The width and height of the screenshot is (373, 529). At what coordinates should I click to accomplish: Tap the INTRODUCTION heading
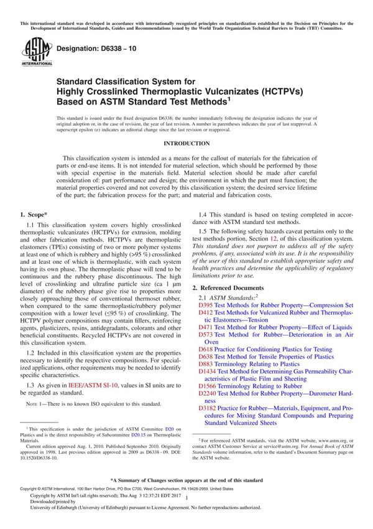[x=186, y=143]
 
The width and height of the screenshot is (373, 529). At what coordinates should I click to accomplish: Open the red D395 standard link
[x=205, y=306]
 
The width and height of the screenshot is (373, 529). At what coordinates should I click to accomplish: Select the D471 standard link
[x=205, y=326]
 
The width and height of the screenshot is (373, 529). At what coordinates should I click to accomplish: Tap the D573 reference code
[x=205, y=334]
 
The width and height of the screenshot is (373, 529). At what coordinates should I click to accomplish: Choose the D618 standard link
[x=205, y=350]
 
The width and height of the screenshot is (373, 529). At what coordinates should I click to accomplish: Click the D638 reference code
[x=205, y=357]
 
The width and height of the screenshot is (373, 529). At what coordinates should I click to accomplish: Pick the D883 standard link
[x=205, y=365]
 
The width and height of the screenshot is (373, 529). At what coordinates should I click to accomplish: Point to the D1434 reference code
[x=207, y=372]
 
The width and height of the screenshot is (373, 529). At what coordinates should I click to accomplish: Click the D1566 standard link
[x=207, y=387]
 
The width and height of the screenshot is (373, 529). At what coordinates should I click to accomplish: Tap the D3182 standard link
[x=207, y=408]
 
